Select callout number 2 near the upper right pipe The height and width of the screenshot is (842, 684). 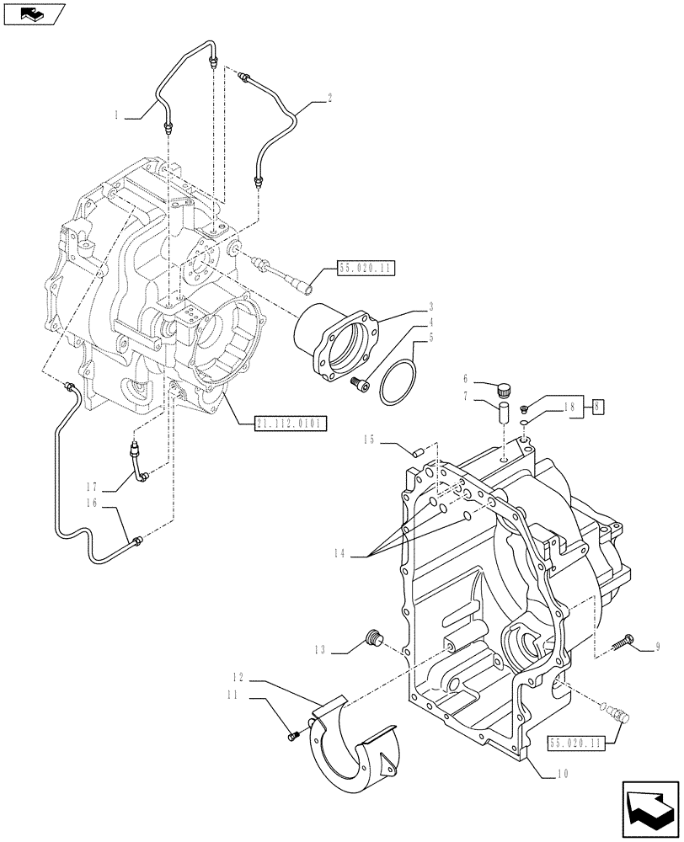329,99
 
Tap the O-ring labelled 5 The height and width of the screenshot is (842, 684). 396,383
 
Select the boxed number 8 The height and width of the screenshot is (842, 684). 597,405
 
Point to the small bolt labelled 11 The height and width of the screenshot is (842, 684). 293,738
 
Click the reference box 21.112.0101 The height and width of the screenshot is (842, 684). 289,422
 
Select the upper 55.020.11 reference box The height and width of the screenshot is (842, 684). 366,269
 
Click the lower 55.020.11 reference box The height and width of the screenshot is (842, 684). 578,743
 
